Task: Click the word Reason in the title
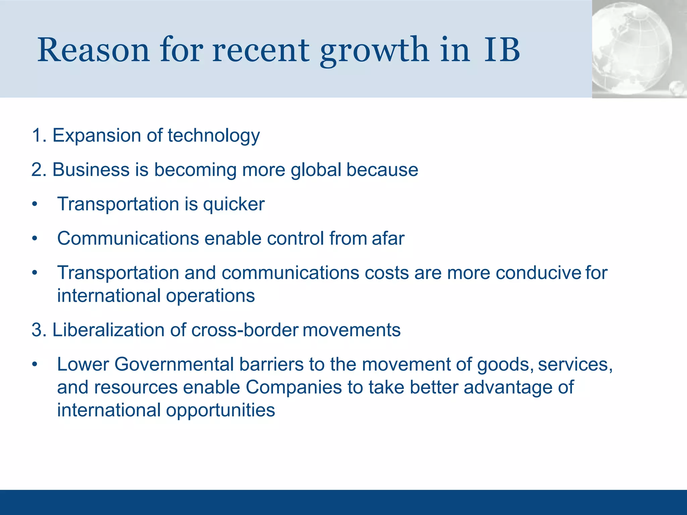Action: [x=93, y=50]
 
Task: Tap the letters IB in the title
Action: [x=502, y=50]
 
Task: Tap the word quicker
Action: [x=234, y=205]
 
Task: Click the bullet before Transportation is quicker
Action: [x=35, y=205]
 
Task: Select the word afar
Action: [x=388, y=238]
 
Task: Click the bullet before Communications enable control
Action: [x=35, y=239]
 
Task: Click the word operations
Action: [x=210, y=296]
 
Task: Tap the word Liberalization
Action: [x=108, y=330]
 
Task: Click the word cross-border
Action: [x=245, y=330]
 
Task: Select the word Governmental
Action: [x=174, y=364]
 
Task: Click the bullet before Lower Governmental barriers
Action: [x=35, y=365]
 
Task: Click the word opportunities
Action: [x=220, y=410]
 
